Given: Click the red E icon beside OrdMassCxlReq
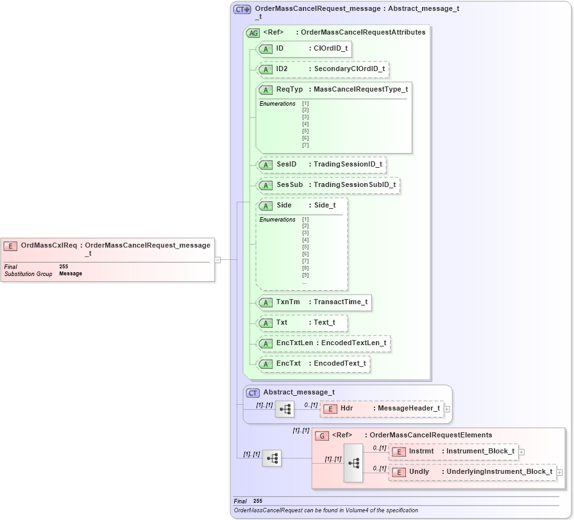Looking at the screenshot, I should coord(10,245).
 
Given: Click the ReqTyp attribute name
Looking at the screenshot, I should coord(289,90).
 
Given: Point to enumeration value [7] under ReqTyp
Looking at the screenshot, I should coord(305,145).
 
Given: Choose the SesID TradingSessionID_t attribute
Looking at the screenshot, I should coord(321,165).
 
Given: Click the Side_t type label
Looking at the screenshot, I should coord(325,206).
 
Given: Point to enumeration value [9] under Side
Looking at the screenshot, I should coord(305,275).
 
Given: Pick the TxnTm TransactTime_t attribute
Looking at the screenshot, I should coord(314,302).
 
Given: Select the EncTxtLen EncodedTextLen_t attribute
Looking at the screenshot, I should coord(323,343).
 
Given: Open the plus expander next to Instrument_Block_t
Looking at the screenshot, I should coord(521,451).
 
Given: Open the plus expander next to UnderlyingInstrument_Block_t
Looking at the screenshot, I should coord(560,472).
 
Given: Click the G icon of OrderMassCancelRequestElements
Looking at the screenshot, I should coord(322,435).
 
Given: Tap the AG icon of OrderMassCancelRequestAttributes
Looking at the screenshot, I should coord(253,33).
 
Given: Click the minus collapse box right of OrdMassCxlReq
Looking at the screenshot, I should coord(218,260).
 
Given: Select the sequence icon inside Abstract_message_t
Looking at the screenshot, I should coord(285,409).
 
